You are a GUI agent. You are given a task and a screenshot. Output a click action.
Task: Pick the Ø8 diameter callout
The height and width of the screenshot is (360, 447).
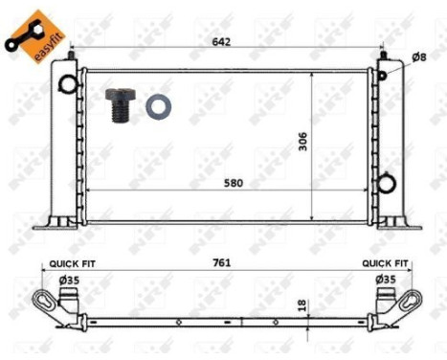tap(418, 56)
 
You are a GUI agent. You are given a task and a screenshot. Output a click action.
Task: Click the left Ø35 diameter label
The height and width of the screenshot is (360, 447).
tap(69, 279)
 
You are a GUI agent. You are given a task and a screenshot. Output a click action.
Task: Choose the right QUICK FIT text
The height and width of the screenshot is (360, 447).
tap(386, 262)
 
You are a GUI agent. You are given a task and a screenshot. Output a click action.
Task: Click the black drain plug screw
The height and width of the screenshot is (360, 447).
tap(119, 104)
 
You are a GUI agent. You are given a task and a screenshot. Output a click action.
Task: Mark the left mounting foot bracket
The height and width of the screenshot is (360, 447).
tap(56, 222)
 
